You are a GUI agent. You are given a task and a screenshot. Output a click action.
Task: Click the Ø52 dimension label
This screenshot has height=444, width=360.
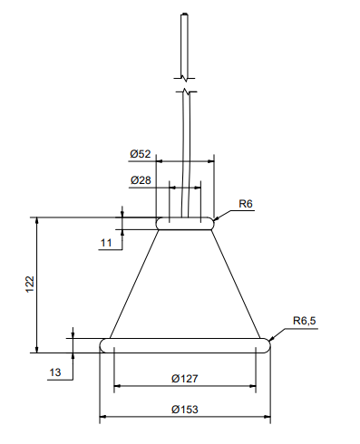[141, 152]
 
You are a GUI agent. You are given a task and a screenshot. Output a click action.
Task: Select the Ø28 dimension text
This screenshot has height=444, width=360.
[141, 180]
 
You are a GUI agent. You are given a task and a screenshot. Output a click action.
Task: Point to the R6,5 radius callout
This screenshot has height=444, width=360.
[305, 321]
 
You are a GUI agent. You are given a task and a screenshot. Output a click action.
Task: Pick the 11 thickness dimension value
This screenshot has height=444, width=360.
[106, 242]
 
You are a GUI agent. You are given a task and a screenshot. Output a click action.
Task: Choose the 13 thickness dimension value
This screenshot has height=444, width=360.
[55, 372]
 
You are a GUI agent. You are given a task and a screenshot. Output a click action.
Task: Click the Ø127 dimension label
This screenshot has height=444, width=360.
[185, 378]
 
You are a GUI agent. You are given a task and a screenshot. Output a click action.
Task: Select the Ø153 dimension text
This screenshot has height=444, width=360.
[185, 410]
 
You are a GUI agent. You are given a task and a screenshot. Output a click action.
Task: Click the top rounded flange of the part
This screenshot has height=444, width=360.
[186, 222]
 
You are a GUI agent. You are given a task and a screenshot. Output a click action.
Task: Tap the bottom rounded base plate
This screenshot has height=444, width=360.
[186, 344]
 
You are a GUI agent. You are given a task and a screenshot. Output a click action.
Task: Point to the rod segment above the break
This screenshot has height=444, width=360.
[185, 45]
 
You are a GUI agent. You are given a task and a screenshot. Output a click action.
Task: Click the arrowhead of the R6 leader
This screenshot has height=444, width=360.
[219, 217]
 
